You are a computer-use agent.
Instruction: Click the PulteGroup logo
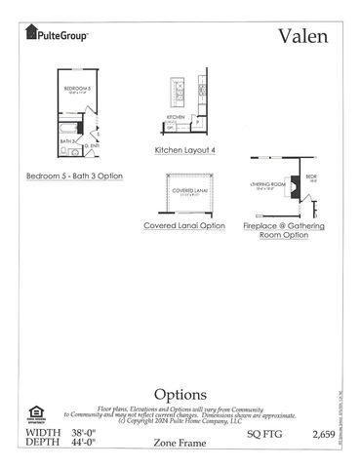coord(57,35)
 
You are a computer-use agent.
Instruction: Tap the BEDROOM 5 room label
coord(77,90)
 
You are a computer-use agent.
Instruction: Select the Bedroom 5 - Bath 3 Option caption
coord(74,175)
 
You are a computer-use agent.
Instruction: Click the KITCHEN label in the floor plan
coord(176,116)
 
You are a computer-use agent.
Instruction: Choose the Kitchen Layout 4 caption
coord(184,150)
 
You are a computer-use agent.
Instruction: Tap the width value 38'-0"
coord(86,431)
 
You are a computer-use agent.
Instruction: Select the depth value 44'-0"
coord(86,442)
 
